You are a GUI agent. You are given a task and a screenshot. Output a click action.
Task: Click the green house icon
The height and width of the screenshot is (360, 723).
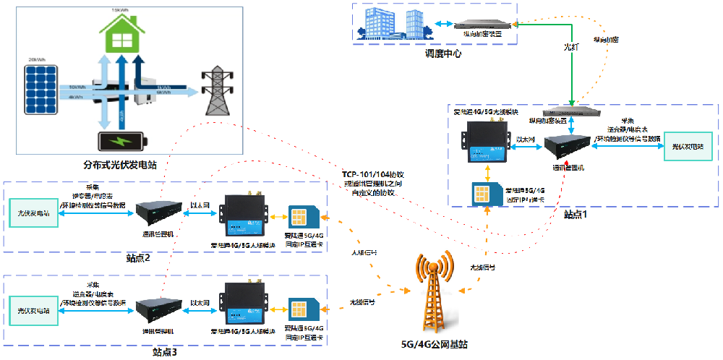[x=120, y=33]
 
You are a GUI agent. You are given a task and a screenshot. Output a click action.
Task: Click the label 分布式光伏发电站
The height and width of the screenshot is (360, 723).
[x=120, y=166]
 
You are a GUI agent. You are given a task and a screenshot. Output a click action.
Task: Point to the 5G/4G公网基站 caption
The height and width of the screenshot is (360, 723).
[x=433, y=344]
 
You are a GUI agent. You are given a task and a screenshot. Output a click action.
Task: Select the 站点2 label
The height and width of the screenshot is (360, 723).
[x=137, y=258]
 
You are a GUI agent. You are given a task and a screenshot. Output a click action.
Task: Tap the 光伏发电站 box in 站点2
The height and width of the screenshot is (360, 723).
[x=34, y=214]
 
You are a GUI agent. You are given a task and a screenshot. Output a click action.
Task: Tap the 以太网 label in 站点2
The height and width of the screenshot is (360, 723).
[x=200, y=205]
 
